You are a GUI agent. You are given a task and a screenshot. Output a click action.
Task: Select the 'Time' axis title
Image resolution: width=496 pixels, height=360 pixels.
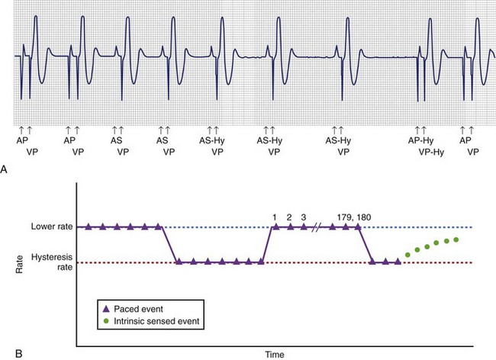pos(275,355)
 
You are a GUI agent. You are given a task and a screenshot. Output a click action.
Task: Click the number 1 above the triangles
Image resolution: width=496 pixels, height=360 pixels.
pos(275,217)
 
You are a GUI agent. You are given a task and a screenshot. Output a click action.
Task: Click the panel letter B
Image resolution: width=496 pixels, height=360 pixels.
pos(5,352)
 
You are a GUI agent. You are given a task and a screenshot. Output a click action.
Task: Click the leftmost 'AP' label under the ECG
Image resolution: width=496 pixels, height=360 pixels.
pos(22,141)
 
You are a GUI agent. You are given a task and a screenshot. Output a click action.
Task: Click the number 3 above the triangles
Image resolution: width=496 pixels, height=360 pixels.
pos(304,217)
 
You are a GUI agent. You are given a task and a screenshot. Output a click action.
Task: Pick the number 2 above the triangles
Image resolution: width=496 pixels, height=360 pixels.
pos(289,217)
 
